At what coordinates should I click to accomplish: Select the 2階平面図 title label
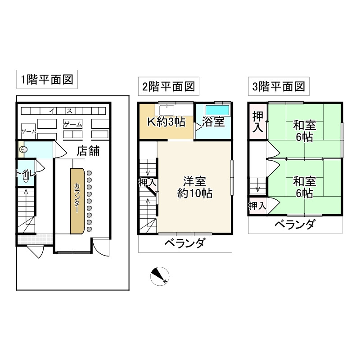coord(168,86)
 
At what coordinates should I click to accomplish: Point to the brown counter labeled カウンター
coord(77,200)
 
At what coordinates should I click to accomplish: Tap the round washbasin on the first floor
coord(23,149)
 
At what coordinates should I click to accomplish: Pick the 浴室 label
coord(213,122)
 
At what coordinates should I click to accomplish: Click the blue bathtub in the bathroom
coord(217,109)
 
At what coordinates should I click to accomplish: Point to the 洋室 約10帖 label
coord(194,188)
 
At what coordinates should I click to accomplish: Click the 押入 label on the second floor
coord(147,182)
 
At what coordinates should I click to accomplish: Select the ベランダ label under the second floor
coord(184,244)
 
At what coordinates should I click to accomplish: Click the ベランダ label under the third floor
coord(295,225)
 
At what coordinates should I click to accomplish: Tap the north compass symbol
coord(160,276)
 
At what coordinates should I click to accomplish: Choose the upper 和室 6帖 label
coord(304,131)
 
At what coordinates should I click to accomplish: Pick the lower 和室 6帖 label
coord(304,187)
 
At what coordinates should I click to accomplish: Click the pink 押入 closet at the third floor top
coord(257,121)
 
